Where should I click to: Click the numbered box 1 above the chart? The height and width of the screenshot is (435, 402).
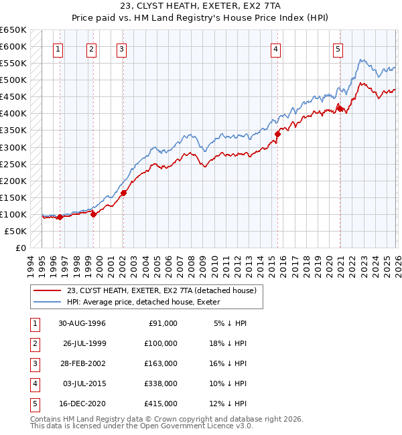(x=58, y=48)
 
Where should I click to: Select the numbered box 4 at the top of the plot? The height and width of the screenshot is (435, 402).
(x=275, y=48)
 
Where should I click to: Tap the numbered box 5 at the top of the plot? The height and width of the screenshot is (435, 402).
(x=338, y=48)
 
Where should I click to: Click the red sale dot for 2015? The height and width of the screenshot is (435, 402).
(x=277, y=133)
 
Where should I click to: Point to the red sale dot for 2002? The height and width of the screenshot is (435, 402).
(x=124, y=193)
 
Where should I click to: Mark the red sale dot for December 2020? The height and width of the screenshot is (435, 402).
(x=340, y=108)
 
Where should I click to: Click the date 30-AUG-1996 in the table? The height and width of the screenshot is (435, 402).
(x=82, y=323)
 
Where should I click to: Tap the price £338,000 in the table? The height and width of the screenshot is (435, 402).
(x=161, y=383)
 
